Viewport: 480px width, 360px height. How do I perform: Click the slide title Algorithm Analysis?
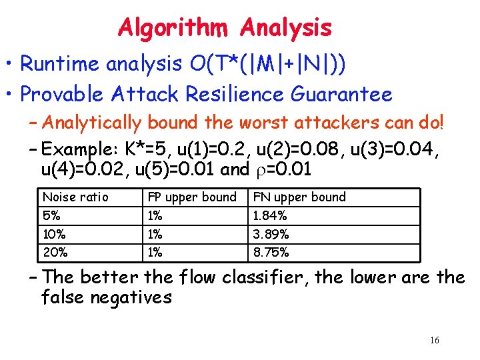tap(225, 27)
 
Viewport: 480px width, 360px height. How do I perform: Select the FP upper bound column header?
tap(192, 197)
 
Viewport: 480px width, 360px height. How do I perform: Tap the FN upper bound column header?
tap(299, 197)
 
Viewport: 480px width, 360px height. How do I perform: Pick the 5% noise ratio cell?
tap(51, 216)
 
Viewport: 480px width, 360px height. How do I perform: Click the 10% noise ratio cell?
tap(53, 235)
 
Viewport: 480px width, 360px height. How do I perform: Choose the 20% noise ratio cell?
tap(53, 253)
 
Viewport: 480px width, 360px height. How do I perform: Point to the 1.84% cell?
tap(270, 216)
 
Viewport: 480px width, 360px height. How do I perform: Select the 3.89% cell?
tap(271, 235)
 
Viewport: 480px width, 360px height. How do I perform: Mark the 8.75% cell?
tap(271, 253)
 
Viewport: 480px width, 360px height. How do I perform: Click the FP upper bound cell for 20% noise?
tap(155, 253)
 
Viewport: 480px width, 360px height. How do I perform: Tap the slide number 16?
tap(434, 341)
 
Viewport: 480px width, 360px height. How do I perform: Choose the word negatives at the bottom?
tap(130, 297)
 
